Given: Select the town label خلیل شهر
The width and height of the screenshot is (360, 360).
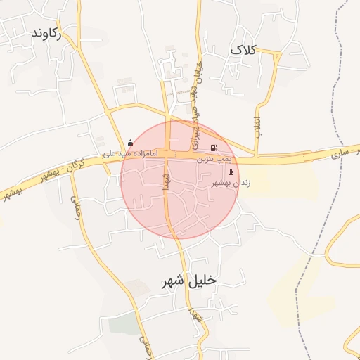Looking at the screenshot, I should (189, 281).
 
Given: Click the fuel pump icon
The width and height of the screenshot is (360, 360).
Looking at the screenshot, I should (213, 148).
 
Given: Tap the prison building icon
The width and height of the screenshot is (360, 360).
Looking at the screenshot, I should (231, 172).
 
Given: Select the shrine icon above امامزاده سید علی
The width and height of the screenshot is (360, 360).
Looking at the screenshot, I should (129, 143).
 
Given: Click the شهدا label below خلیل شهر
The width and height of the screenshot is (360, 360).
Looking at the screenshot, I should (193, 317).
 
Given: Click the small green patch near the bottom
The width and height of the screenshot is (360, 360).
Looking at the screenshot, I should (124, 324).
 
